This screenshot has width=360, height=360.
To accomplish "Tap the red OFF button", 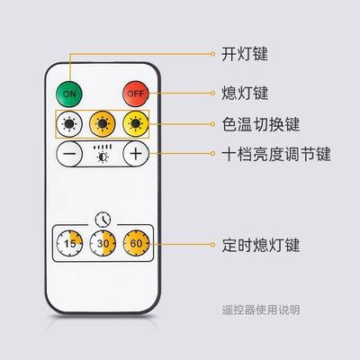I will pos(135,93).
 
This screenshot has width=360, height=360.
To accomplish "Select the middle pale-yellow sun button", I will pos(102,123).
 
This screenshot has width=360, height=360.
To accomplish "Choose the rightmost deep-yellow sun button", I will pos(135,123).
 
